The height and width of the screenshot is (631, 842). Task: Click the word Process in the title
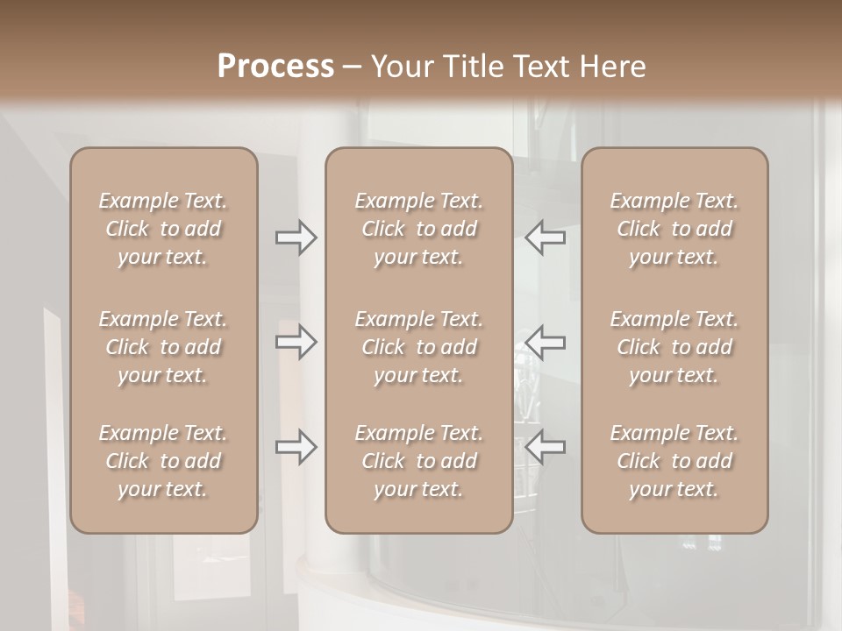(275, 67)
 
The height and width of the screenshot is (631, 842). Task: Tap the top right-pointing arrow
(296, 238)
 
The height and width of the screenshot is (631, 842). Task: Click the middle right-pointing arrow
(296, 342)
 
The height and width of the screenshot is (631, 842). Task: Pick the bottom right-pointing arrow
(296, 447)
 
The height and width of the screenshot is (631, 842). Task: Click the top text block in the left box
(163, 229)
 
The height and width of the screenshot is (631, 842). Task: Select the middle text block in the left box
(163, 347)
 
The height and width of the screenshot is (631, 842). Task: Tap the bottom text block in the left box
(163, 461)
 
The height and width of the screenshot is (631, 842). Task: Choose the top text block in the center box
(418, 229)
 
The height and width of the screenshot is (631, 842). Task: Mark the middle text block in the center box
(418, 347)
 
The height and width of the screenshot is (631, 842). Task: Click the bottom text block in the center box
(418, 461)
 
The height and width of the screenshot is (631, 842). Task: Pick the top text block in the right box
(674, 229)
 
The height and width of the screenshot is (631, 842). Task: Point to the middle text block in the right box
(674, 347)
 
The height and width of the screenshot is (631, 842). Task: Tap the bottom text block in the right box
(674, 461)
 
